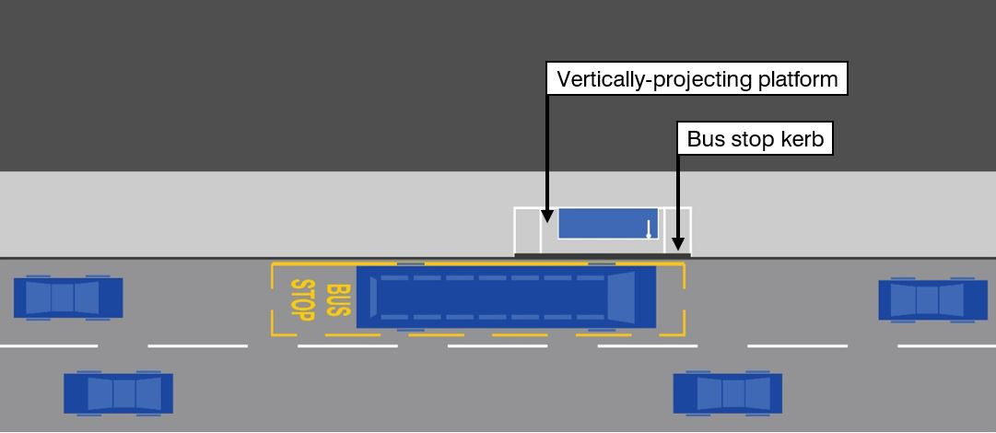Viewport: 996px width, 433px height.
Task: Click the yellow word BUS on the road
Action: pyautogui.click(x=340, y=300)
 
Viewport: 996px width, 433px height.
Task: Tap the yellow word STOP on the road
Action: pyautogui.click(x=303, y=298)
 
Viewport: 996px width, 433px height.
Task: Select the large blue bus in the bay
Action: pyautogui.click(x=506, y=297)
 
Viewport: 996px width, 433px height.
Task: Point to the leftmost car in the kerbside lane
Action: pyautogui.click(x=68, y=298)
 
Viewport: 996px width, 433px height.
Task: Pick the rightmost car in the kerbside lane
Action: pyautogui.click(x=932, y=299)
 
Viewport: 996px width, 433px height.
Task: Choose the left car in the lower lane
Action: pyautogui.click(x=118, y=393)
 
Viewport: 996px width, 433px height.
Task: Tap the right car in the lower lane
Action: pyautogui.click(x=728, y=393)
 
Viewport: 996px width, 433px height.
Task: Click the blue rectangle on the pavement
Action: pyautogui.click(x=607, y=224)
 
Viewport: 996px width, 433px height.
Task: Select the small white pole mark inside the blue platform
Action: pyautogui.click(x=649, y=228)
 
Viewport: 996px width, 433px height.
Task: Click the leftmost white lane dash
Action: pyautogui.click(x=48, y=345)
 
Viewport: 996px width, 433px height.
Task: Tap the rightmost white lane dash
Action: pyautogui.click(x=946, y=345)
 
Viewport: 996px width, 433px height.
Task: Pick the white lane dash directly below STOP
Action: pyautogui.click(x=347, y=345)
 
